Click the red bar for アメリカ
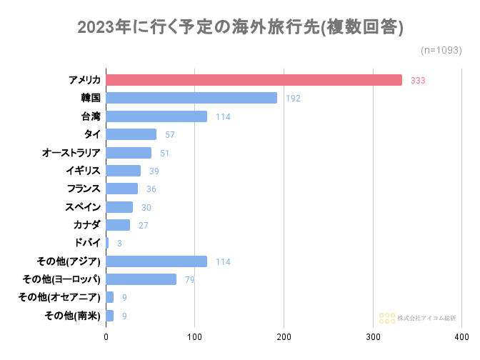tap(254, 80)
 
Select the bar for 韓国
tap(191, 98)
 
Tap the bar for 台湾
tap(156, 116)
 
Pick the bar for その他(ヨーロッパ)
tap(141, 279)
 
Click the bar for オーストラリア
tap(129, 153)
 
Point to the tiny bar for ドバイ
tap(107, 243)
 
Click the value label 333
tap(418, 80)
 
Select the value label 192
tap(293, 98)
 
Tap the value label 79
tap(189, 279)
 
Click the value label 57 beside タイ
tap(169, 134)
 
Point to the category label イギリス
tap(81, 171)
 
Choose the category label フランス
tap(81, 189)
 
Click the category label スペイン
tap(81, 207)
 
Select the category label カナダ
tap(86, 225)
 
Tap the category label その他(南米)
tap(72, 315)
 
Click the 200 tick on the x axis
tap(284, 336)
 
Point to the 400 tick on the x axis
tap(461, 336)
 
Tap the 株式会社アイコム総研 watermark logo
tap(417, 317)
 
